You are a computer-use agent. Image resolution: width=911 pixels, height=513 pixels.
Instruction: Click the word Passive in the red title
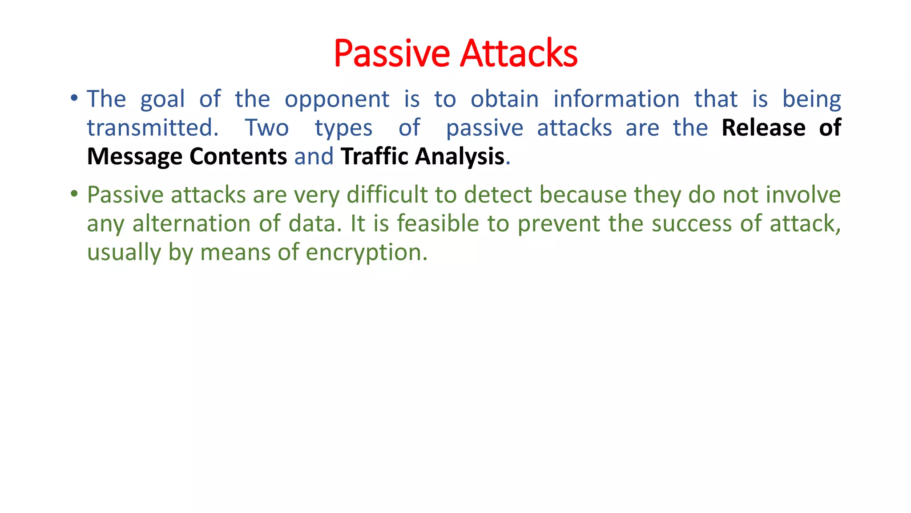391,53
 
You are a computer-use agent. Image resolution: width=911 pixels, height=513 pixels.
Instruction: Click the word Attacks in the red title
519,53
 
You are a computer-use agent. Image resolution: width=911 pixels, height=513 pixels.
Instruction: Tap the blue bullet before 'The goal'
74,98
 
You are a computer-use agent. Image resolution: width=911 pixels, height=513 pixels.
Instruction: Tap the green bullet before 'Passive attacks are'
74,194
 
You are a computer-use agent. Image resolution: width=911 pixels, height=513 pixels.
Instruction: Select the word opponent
337,100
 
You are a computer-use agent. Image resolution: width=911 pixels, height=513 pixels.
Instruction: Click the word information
616,99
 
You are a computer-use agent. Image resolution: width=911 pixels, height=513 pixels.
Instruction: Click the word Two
267,128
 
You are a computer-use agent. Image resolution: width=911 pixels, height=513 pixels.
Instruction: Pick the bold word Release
763,128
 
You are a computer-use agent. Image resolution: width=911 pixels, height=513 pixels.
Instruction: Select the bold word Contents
238,157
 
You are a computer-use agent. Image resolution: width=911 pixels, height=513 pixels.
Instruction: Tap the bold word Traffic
374,157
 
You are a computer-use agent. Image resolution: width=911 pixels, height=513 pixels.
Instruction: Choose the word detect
498,195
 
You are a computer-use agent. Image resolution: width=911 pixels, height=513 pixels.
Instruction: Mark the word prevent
559,224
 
